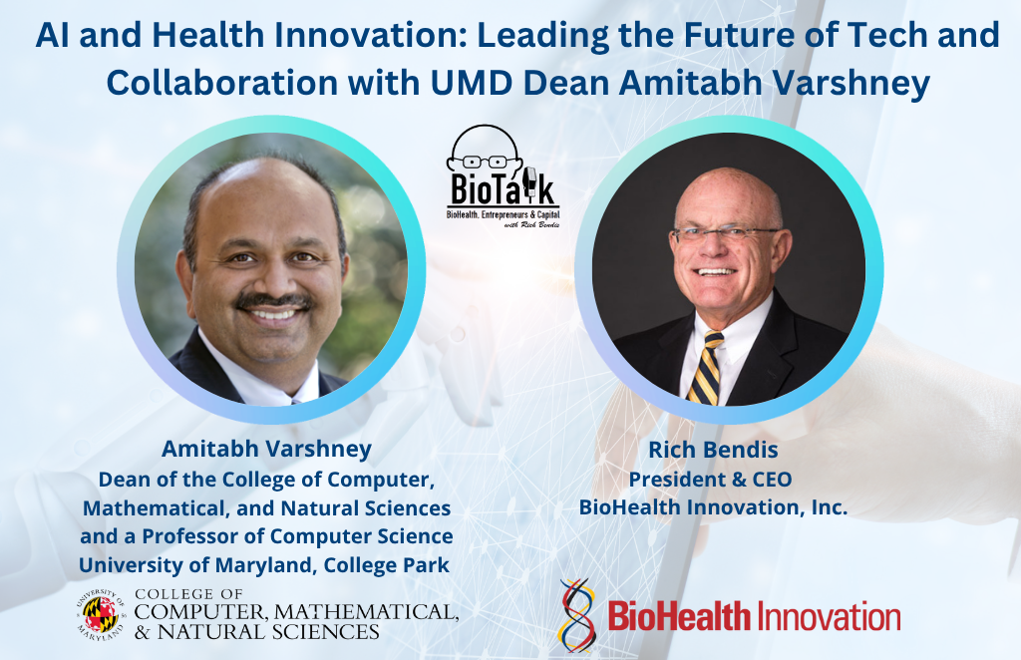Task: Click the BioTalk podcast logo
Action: [x=503, y=175]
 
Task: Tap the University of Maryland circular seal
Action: [x=101, y=614]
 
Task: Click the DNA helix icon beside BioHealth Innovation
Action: [x=576, y=615]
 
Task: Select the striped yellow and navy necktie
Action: [x=705, y=368]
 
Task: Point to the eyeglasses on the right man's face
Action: [x=726, y=233]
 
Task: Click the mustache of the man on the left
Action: [x=273, y=301]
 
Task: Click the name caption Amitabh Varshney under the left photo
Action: [x=266, y=449]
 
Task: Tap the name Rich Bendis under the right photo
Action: [x=713, y=449]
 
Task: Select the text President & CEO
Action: [x=710, y=480]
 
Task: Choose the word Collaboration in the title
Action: [x=222, y=83]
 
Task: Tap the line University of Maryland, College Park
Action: [x=264, y=565]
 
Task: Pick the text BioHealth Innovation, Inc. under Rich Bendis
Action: [x=714, y=507]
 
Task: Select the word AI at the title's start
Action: [x=52, y=35]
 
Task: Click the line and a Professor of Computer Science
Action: [x=266, y=536]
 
